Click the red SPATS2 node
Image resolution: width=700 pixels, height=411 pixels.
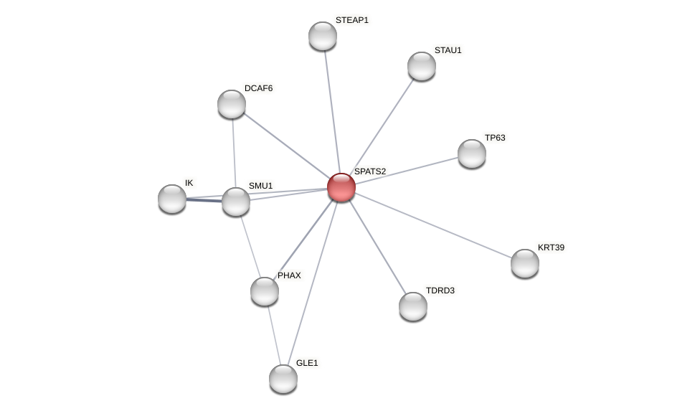[x=341, y=187]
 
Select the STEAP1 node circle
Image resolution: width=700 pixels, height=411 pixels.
[x=323, y=36]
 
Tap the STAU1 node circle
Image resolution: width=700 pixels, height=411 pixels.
[x=422, y=66]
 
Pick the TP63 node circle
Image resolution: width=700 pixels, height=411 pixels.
[x=472, y=153]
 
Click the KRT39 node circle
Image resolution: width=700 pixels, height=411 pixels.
[x=525, y=263]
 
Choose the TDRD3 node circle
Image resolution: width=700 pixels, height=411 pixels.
[x=413, y=306]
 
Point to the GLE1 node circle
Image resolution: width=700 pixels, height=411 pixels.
[x=283, y=379]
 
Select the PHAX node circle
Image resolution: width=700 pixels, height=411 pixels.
[x=265, y=291]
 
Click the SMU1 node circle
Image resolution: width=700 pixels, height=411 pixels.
[x=236, y=202]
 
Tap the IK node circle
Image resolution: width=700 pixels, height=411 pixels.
[x=172, y=199]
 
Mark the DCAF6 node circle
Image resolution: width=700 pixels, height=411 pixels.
[x=232, y=104]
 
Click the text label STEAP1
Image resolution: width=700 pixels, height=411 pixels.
[x=351, y=20]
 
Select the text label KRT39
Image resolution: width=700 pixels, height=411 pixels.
[x=551, y=247]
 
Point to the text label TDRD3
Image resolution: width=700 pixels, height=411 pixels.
[x=440, y=290]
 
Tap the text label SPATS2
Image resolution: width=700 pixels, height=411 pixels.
[x=369, y=171]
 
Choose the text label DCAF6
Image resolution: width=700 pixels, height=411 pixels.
[x=258, y=88]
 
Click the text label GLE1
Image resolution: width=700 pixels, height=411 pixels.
[x=306, y=363]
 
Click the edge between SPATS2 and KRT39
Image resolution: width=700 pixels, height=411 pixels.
[x=433, y=225]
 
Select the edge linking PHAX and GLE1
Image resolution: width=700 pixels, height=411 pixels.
[x=274, y=335]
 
